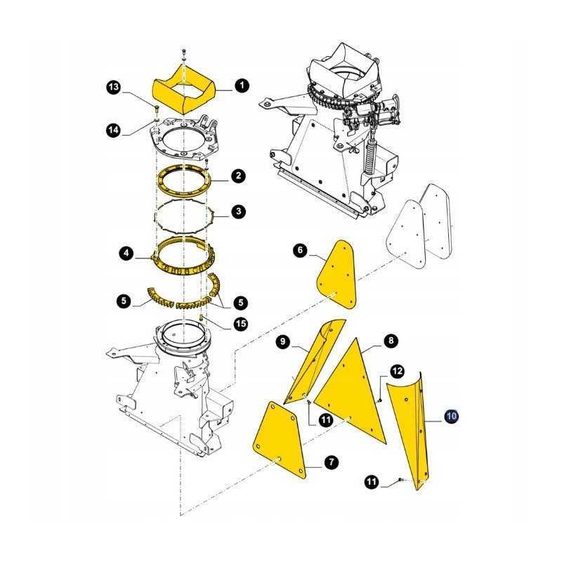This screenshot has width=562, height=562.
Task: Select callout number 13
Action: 113,87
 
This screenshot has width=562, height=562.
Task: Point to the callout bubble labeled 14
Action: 113,129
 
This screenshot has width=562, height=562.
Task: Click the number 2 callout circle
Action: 239,176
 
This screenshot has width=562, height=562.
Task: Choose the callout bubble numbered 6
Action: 299,250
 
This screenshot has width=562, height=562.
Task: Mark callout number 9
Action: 282,342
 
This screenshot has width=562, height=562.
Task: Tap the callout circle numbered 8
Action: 390,341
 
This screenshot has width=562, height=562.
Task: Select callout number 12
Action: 397,370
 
